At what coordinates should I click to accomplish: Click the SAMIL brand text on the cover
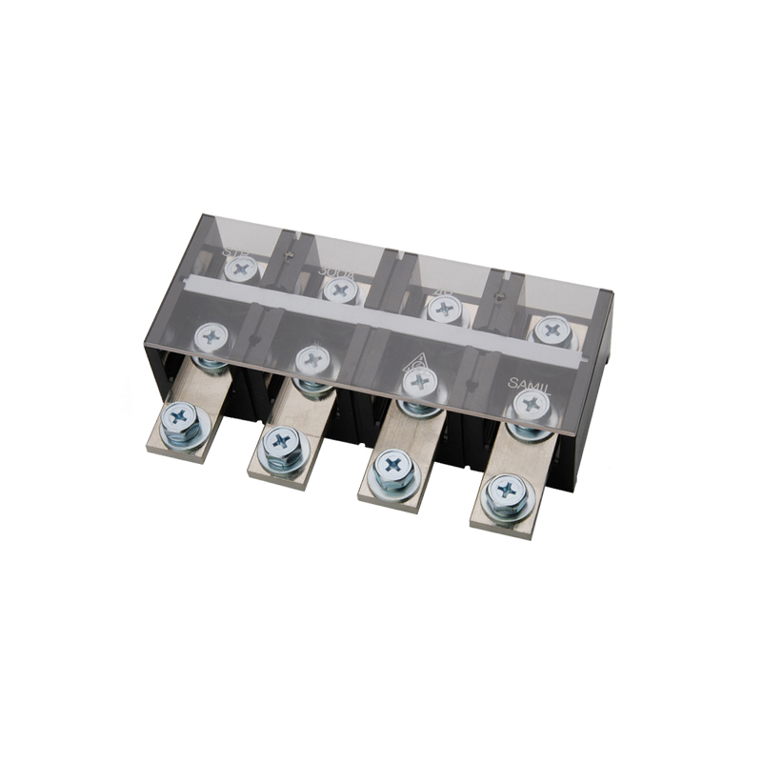point(530,381)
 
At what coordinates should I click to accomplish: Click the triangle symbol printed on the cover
point(416,360)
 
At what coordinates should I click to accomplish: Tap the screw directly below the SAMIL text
point(531,405)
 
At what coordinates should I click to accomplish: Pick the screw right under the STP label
point(242,269)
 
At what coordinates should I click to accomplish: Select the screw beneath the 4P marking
point(443,308)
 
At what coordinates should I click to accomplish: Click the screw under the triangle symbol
point(418,381)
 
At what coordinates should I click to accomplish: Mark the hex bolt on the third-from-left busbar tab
point(393,468)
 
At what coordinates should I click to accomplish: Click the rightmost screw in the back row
point(551,331)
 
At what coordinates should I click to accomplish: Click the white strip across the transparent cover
point(381,315)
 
